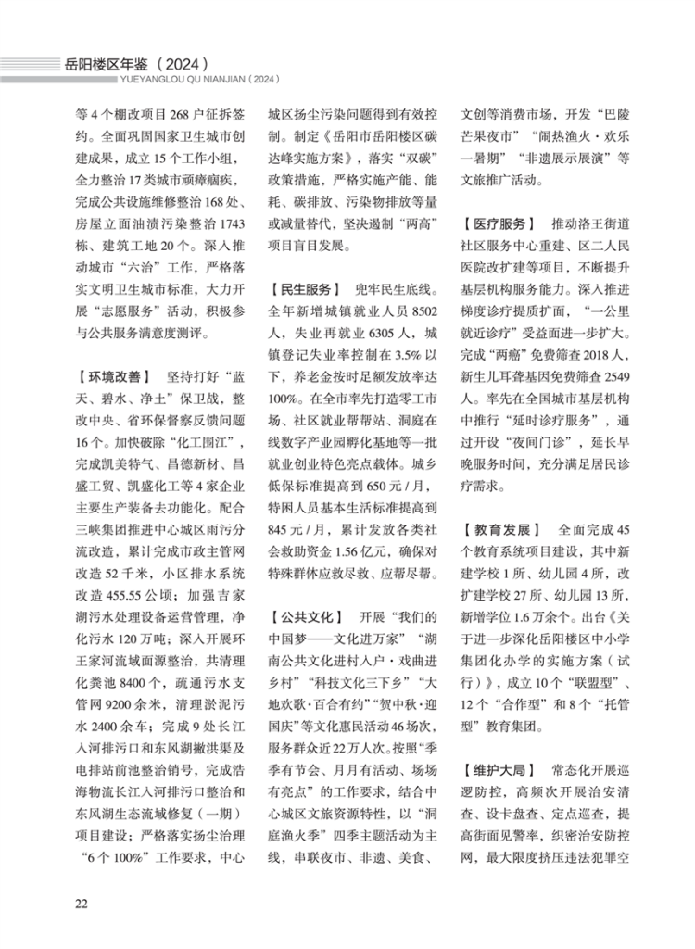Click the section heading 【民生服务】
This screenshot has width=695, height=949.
303,292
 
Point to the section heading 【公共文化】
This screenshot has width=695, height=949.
303,616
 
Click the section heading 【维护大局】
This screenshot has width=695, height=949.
499,768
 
